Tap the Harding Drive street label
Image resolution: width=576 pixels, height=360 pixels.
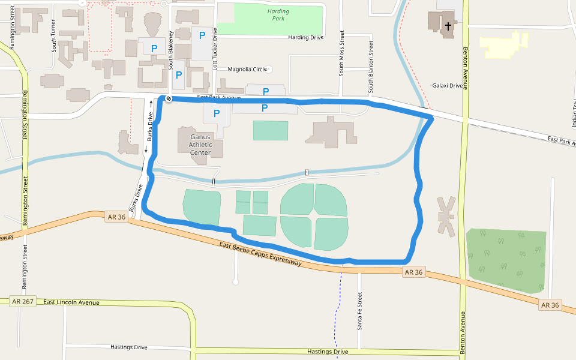306,37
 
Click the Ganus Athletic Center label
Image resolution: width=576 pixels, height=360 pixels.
200,145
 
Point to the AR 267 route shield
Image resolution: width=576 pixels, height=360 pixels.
23,301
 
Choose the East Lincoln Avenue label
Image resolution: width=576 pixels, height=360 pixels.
71,302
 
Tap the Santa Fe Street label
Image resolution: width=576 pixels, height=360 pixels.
360,311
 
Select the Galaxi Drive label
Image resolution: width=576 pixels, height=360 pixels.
448,86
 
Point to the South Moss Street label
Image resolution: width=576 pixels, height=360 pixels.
341,53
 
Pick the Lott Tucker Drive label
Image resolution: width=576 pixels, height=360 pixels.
215,50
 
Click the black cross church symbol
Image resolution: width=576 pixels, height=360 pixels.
448,26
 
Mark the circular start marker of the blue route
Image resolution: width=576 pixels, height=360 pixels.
169,99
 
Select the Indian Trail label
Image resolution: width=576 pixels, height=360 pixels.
574,114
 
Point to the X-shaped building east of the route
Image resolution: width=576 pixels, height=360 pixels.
446,215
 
